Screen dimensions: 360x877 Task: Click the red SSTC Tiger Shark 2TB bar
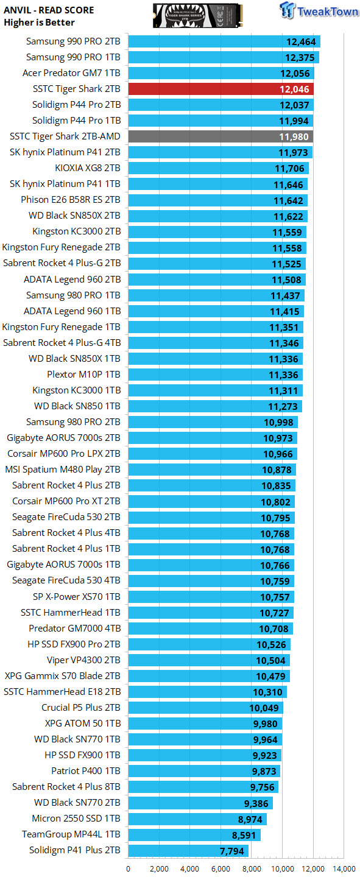221,89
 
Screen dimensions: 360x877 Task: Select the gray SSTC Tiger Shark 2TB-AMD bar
221,136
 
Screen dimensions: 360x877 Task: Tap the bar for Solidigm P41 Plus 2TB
188,850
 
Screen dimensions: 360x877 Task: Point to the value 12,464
301,42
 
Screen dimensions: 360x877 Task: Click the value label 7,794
232,851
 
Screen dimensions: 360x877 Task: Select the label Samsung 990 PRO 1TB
73,57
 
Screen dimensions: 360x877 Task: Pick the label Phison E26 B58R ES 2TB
71,200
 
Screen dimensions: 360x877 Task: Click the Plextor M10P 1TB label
84,375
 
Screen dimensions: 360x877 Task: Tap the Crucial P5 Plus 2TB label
81,708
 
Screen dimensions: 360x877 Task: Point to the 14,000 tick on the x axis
344,868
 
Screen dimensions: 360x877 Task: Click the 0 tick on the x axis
129,868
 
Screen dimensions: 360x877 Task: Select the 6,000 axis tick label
221,868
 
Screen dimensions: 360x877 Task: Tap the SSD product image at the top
198,16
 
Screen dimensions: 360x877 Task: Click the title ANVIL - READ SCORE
49,10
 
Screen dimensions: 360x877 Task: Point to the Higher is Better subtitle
39,23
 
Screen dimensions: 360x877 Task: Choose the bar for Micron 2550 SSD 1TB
197,819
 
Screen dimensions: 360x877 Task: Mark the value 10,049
264,708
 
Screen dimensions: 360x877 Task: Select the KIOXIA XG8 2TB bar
219,168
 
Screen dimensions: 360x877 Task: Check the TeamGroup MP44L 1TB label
71,834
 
